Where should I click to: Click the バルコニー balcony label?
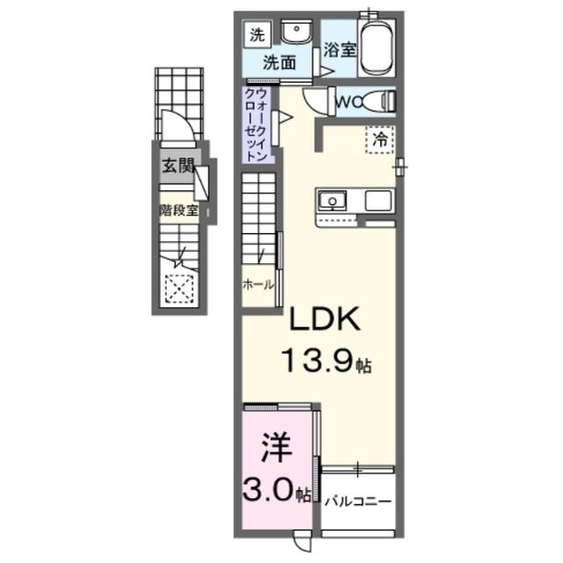[356, 501]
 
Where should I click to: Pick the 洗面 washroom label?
[279, 62]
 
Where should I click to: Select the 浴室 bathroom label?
[338, 50]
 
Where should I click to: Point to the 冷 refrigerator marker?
[379, 138]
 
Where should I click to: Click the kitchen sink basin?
[333, 201]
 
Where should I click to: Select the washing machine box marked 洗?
[256, 36]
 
